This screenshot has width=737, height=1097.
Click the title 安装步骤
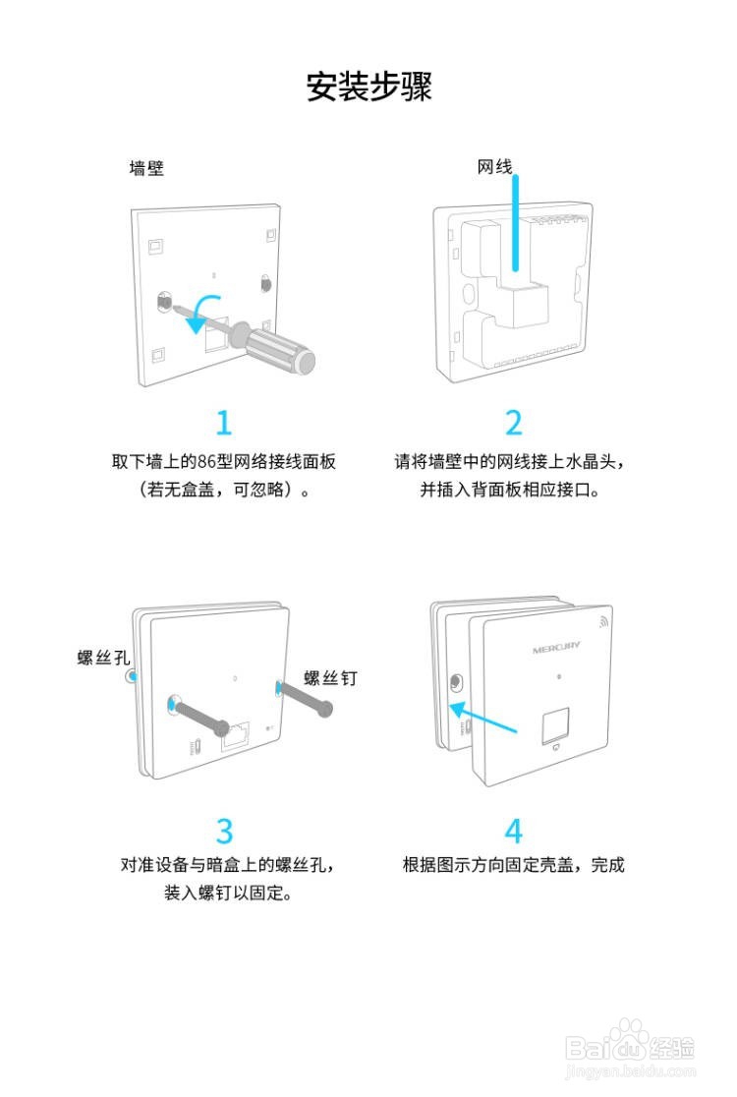tap(368, 87)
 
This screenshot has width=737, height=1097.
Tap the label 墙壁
tap(147, 168)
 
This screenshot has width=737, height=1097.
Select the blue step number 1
tap(224, 423)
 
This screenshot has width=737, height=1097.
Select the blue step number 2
tap(513, 423)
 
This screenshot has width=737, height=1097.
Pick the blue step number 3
tap(224, 831)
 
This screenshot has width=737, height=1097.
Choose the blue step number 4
tap(513, 831)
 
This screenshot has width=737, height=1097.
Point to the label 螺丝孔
tap(103, 657)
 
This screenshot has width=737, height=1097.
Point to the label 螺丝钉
tap(330, 677)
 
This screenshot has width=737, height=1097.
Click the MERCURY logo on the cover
tap(556, 649)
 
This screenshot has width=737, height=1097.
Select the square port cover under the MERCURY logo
tap(555, 722)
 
